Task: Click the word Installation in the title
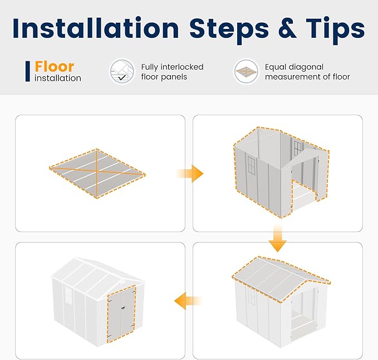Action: click(x=96, y=28)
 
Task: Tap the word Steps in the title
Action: click(x=229, y=29)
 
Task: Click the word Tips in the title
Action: click(x=335, y=30)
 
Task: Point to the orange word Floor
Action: click(x=54, y=67)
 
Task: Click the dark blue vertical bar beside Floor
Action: click(x=28, y=71)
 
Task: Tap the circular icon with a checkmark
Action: click(x=122, y=72)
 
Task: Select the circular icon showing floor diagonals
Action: click(x=246, y=72)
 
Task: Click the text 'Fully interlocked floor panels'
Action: click(x=172, y=72)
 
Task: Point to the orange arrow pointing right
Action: click(x=190, y=174)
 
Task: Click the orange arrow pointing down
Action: click(x=277, y=239)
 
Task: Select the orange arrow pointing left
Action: click(x=188, y=300)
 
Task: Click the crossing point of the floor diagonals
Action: click(x=96, y=171)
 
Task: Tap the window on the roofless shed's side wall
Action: click(x=251, y=165)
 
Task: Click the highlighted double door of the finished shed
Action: click(x=121, y=314)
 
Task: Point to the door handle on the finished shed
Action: click(x=123, y=308)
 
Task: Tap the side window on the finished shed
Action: click(x=68, y=295)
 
